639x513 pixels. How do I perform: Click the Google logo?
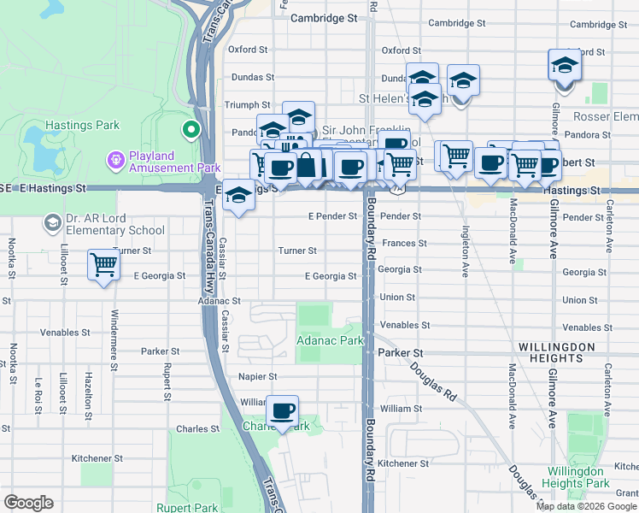28,503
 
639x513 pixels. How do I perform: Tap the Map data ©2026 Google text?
586,506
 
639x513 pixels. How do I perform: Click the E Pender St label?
331,216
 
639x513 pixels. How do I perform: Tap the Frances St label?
404,243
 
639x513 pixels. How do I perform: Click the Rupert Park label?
194,506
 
